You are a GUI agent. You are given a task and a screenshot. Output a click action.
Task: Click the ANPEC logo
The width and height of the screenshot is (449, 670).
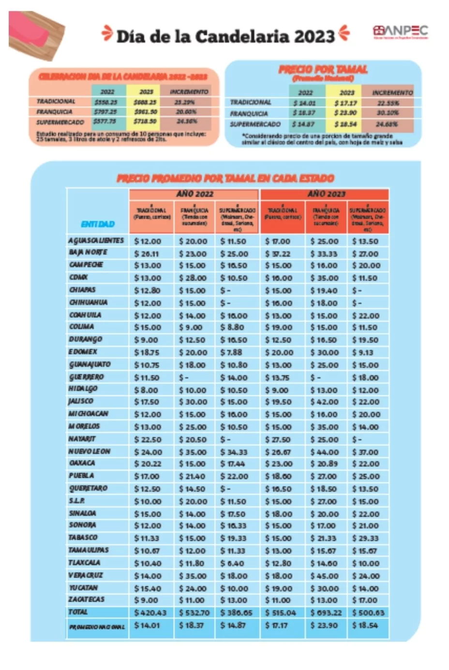[x=400, y=32]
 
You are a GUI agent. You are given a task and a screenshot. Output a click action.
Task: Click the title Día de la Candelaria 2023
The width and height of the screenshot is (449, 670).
[x=225, y=36]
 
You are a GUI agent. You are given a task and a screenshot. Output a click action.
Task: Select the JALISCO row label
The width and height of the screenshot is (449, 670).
[x=81, y=402]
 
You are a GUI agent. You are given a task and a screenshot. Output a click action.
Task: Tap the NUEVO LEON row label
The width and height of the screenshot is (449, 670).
[x=90, y=451]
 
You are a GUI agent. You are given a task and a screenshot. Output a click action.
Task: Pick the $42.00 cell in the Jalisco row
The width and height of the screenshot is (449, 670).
[x=324, y=402]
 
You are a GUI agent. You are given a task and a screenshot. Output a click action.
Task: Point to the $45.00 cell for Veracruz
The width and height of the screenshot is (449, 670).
[x=324, y=576]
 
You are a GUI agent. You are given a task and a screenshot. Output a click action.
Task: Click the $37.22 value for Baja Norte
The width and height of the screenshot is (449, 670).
[x=278, y=253]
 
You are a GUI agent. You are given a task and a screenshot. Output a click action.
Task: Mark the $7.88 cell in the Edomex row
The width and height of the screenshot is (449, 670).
[x=231, y=352]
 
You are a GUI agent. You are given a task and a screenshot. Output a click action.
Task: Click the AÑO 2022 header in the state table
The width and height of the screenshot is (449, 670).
[x=194, y=194]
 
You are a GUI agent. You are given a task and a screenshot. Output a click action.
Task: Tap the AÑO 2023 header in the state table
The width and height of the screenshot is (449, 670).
[x=326, y=194]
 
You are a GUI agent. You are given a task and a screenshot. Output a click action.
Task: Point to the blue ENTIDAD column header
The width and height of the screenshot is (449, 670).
[x=98, y=224]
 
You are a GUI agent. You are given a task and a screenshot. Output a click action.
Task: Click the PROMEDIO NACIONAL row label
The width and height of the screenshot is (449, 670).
[x=97, y=626]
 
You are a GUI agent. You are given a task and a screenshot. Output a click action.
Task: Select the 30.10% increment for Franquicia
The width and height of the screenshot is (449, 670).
[x=388, y=113]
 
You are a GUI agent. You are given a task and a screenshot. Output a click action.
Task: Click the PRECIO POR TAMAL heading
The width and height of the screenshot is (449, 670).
[x=323, y=70]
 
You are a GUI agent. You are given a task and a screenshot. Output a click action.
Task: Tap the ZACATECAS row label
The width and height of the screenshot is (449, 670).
[x=87, y=599]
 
